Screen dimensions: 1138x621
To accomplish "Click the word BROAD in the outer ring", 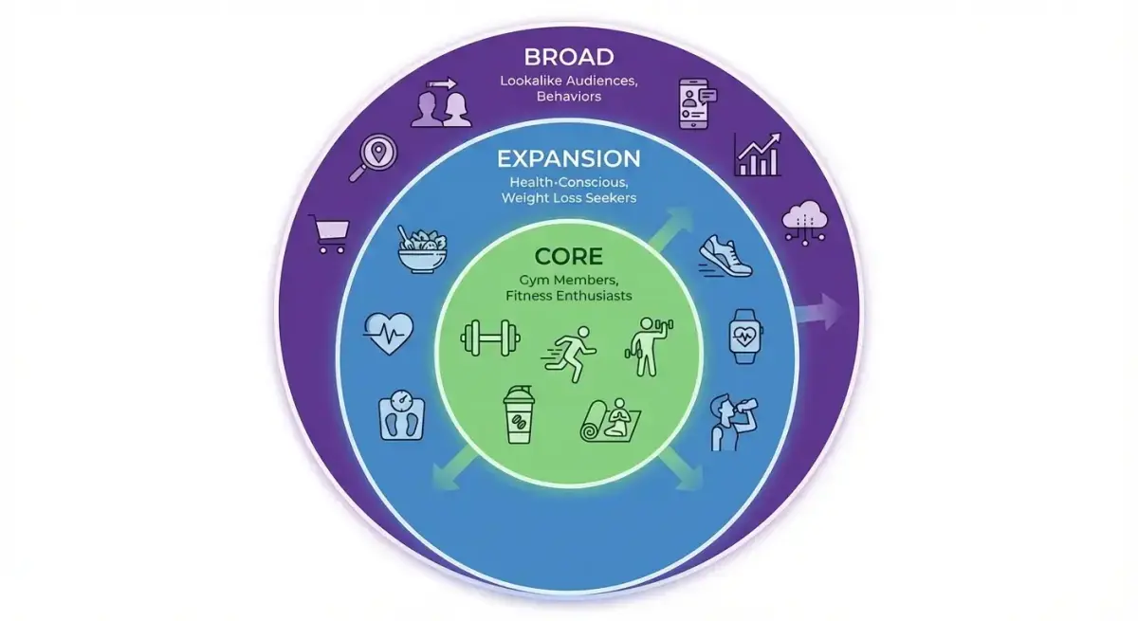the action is (x=569, y=58).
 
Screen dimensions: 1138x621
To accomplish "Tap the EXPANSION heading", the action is (x=569, y=159).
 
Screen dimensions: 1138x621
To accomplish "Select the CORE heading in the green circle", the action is (x=569, y=256).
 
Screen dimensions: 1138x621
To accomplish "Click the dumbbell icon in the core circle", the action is (x=490, y=338).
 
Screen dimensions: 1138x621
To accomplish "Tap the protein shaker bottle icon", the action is (x=519, y=414).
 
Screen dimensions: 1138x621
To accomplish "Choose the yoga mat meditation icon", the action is (x=611, y=420).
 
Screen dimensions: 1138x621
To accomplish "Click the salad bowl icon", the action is (x=422, y=249).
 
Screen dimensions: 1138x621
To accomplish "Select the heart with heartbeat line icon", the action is (x=389, y=334).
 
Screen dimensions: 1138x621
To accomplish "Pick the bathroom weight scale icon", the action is (x=402, y=415).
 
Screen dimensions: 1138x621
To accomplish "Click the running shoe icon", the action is (x=725, y=255).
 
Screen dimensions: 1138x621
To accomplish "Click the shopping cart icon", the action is (x=331, y=234).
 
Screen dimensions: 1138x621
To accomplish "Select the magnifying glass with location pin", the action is (x=374, y=157).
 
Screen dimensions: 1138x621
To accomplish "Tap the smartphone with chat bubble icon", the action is (x=698, y=103).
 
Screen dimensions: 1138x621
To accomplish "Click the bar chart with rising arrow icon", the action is (x=758, y=155).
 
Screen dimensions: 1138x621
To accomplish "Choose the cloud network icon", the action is (x=805, y=224).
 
